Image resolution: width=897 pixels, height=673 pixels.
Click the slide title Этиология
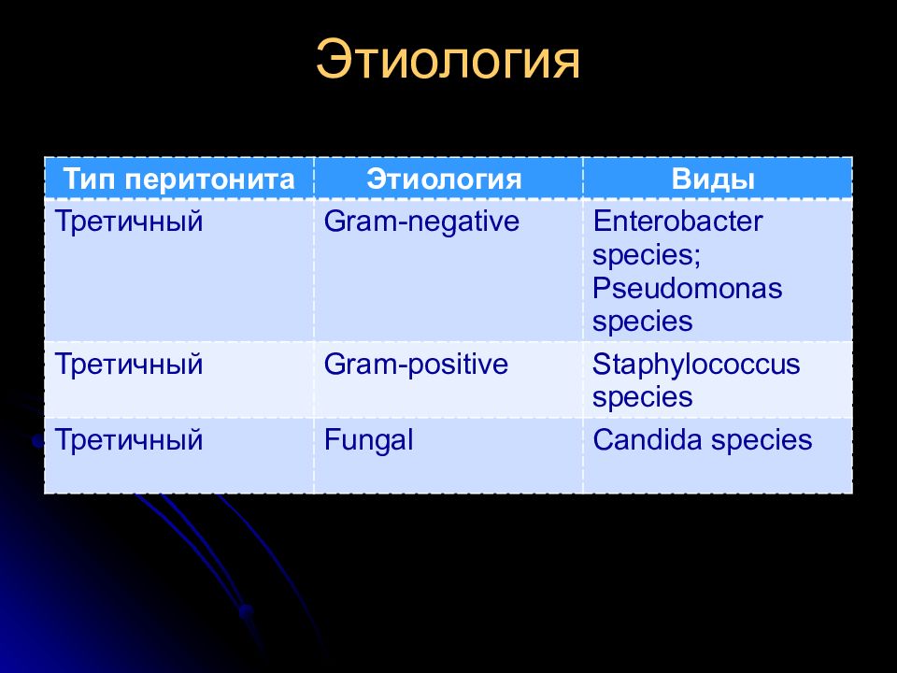448,60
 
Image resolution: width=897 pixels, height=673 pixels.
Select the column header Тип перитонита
179,179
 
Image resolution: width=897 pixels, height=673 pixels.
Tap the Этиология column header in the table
444,179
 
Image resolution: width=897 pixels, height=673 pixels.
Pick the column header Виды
713,179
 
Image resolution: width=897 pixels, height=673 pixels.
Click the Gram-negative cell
421,222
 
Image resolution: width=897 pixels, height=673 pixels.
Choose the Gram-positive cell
416,365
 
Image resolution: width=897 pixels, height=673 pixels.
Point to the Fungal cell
368,440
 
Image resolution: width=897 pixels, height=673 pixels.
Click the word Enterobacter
677,221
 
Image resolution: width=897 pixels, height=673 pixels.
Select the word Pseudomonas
687,288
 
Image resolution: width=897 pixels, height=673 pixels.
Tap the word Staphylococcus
696,365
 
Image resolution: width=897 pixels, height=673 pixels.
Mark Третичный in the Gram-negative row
129,221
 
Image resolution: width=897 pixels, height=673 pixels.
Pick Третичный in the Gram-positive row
129,364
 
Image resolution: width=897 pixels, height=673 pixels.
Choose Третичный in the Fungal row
129,439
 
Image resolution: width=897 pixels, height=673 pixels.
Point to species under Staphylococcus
643,398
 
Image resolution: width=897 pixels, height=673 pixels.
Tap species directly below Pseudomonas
643,322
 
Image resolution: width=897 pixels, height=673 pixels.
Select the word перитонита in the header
209,180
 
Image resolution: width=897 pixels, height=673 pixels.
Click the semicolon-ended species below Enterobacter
647,255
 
